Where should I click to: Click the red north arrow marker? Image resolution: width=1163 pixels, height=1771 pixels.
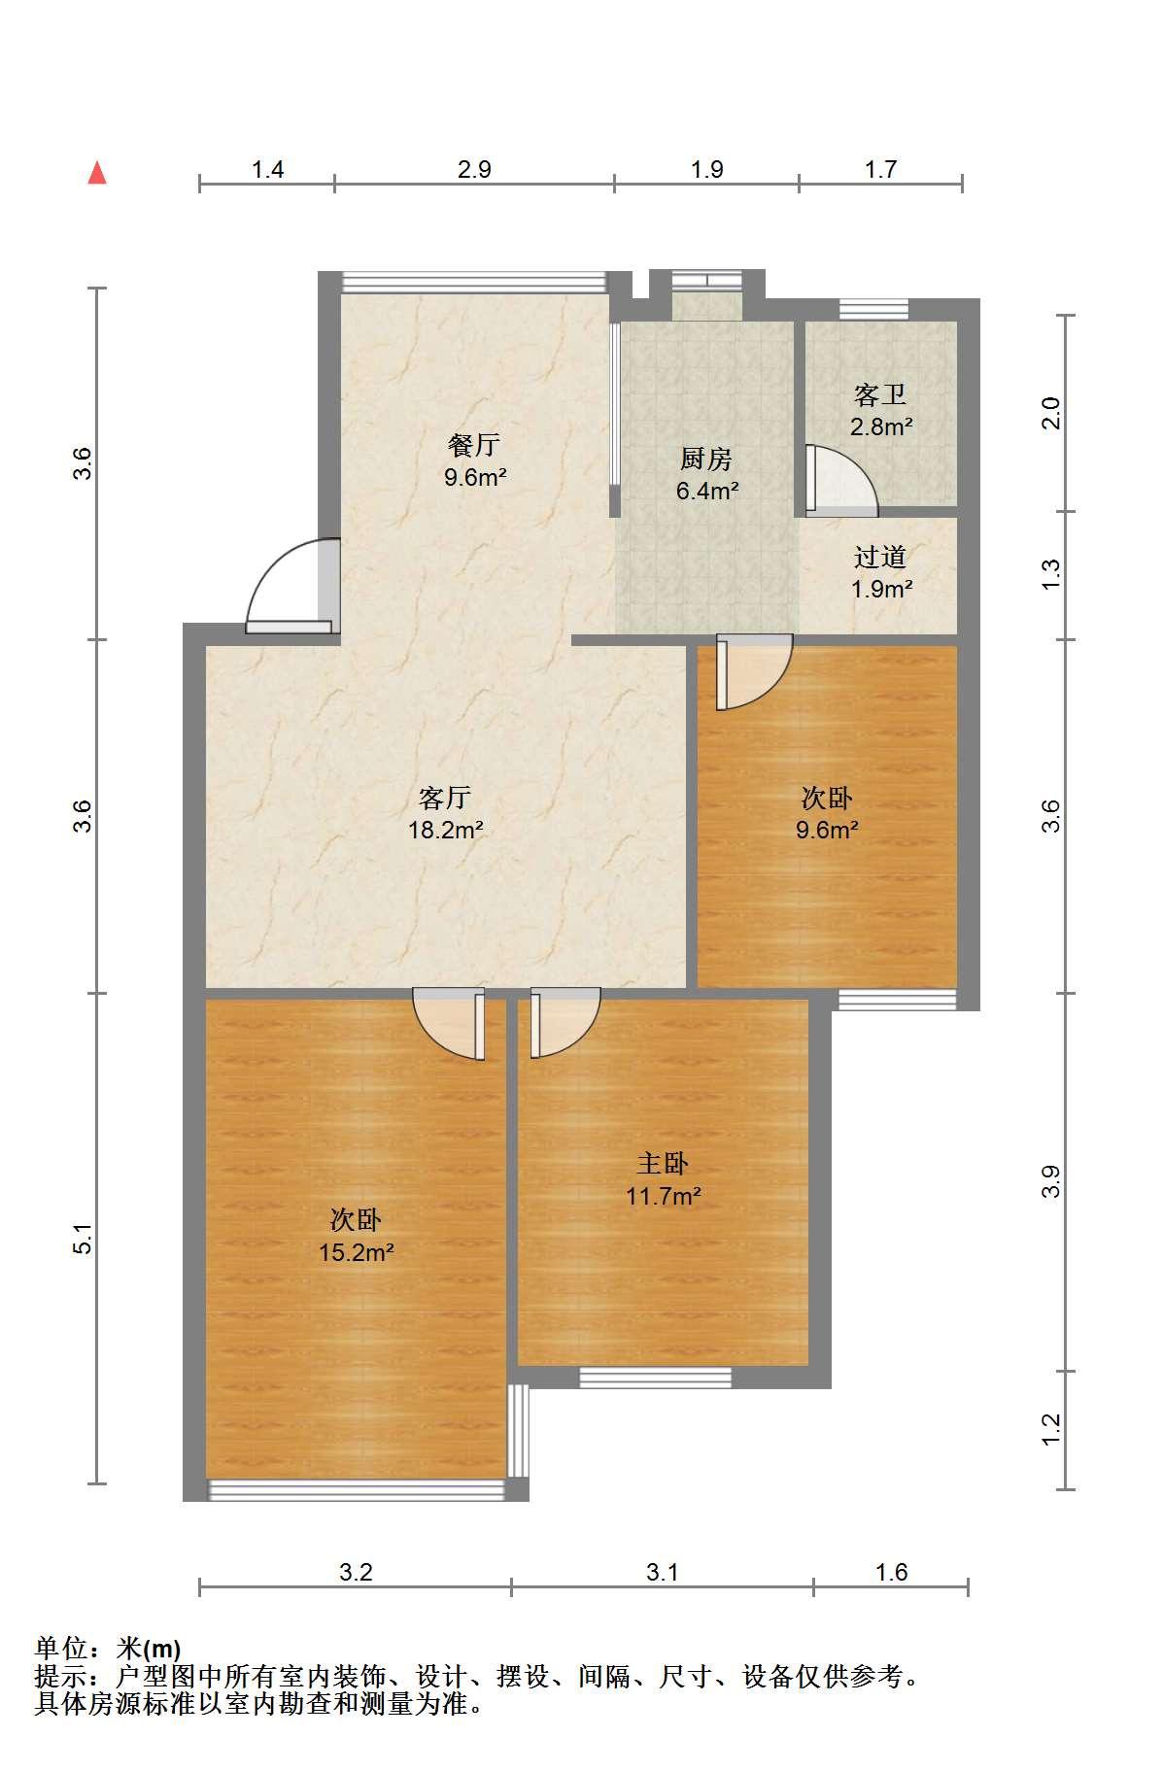click(x=97, y=173)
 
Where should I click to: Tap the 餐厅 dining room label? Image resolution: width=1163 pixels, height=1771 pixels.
click(x=474, y=445)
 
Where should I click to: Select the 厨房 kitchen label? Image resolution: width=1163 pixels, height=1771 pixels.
click(x=706, y=459)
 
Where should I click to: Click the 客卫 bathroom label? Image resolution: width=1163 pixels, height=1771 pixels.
click(x=880, y=394)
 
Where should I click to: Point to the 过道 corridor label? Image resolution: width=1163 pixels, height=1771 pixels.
click(x=880, y=557)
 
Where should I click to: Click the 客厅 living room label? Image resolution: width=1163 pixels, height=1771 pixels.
click(x=445, y=798)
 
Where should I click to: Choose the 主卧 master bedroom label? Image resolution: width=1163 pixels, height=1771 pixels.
click(x=663, y=1163)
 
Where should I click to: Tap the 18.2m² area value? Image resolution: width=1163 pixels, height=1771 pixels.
click(x=446, y=831)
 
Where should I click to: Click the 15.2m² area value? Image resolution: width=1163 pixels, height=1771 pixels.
click(x=357, y=1252)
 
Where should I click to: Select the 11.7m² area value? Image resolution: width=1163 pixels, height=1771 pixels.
click(x=664, y=1196)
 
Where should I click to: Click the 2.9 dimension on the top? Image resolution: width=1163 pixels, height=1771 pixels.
click(x=474, y=170)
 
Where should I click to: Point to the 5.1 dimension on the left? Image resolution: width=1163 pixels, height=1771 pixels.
click(x=84, y=1239)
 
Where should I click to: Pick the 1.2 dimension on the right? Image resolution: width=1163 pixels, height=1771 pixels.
click(x=1050, y=1429)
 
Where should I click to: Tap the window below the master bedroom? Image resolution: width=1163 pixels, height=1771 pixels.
click(x=655, y=1377)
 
